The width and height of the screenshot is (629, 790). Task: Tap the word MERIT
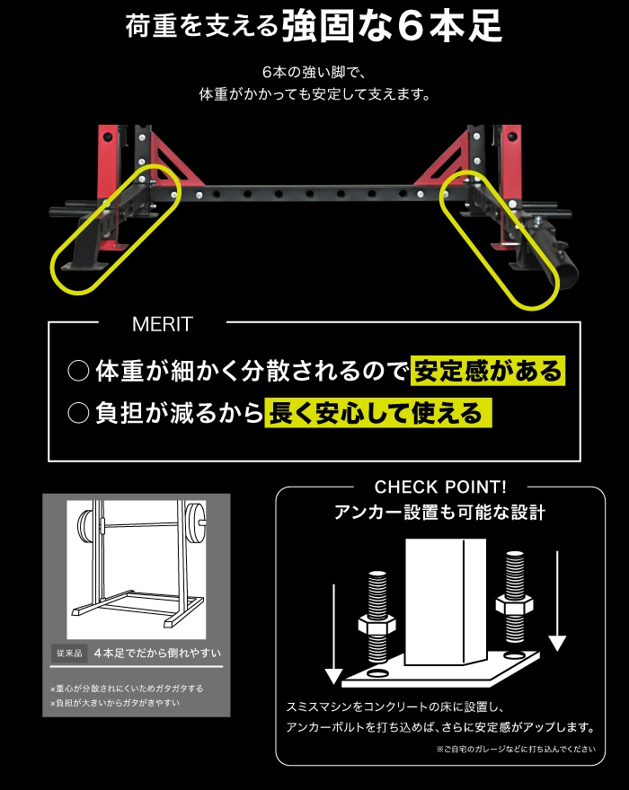tap(162, 323)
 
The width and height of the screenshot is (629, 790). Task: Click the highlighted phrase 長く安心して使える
tap(378, 413)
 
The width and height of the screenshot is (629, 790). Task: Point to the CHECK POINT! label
tap(440, 487)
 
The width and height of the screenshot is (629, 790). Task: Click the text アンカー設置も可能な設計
tap(439, 513)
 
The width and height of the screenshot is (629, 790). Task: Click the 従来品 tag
tap(69, 653)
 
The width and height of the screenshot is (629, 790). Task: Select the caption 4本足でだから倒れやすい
tap(157, 653)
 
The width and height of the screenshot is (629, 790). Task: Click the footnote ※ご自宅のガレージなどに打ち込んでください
tap(516, 748)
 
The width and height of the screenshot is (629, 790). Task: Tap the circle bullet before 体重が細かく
tap(78, 370)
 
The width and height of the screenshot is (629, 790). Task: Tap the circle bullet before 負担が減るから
tap(78, 413)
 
